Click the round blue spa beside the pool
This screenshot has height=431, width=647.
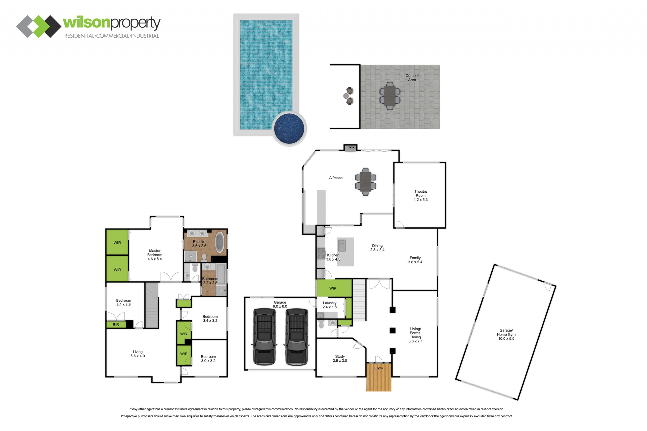(x=289, y=129)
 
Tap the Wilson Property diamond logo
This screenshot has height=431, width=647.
(x=39, y=27)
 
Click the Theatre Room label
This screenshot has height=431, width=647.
(x=421, y=195)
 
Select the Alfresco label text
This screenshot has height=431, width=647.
(x=336, y=178)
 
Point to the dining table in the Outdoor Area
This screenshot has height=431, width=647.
(x=390, y=96)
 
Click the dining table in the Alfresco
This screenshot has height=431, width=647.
(x=365, y=182)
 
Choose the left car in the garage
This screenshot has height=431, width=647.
(x=264, y=337)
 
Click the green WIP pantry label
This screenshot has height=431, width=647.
(x=333, y=288)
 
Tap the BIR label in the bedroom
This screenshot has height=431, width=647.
(x=116, y=325)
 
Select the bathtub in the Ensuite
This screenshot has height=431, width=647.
(x=220, y=242)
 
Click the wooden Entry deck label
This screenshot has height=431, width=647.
(x=379, y=368)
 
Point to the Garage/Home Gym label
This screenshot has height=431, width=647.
(x=506, y=334)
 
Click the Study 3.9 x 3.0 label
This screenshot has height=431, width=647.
(x=340, y=359)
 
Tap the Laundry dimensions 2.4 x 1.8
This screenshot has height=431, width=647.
(x=330, y=307)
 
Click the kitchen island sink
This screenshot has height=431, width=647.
(x=342, y=245)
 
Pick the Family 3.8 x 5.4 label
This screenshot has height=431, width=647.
(x=415, y=260)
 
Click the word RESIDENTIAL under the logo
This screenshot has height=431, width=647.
(x=79, y=36)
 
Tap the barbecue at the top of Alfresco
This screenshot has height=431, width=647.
(x=351, y=148)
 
